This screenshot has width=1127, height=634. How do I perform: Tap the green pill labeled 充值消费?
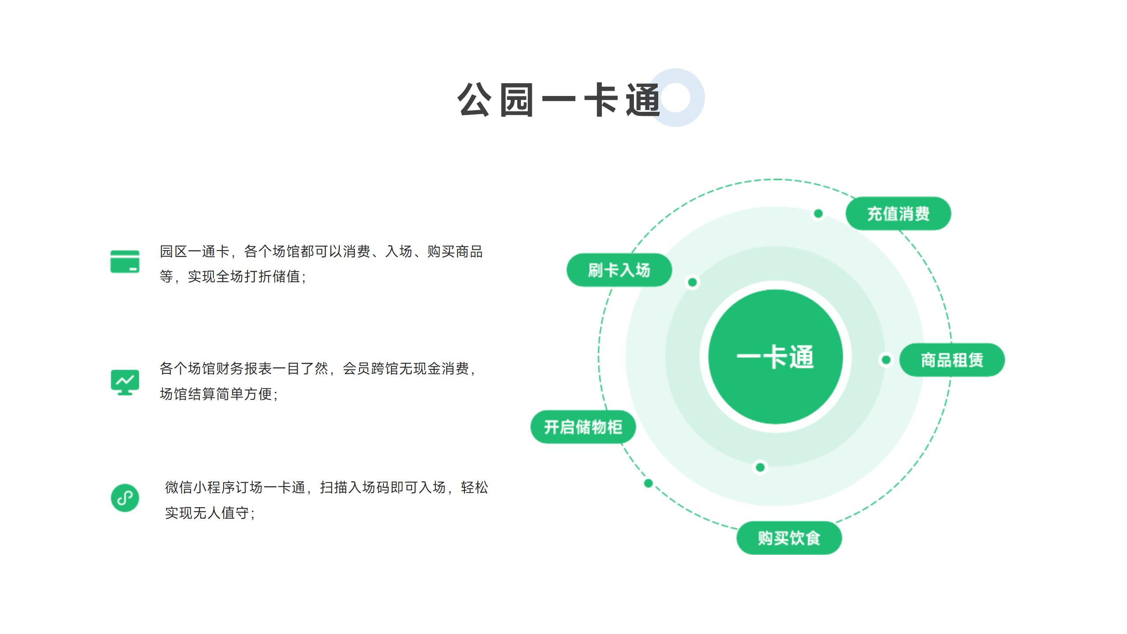point(898,214)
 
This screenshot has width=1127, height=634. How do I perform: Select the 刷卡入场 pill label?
point(619,270)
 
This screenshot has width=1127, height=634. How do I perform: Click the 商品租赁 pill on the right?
point(952,360)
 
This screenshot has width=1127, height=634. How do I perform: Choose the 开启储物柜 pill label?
point(583,427)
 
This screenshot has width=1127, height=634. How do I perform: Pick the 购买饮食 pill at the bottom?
point(789,538)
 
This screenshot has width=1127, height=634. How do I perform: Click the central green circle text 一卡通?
point(775,357)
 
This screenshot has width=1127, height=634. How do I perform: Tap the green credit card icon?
point(125,262)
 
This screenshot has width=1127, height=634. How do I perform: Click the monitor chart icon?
point(125,382)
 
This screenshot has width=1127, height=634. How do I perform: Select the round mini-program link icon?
point(125,498)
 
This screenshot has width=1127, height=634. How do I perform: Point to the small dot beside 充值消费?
point(818,214)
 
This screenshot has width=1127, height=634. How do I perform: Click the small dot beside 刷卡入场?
point(692,282)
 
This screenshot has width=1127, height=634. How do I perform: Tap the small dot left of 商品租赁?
point(886,360)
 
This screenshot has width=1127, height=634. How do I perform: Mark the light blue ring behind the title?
point(676,98)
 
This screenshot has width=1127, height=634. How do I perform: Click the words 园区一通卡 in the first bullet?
point(195,251)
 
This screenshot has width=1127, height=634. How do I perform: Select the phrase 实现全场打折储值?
point(244,276)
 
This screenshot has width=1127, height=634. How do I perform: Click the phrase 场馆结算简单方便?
point(216,394)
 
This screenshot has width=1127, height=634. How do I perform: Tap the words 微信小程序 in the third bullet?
point(200,487)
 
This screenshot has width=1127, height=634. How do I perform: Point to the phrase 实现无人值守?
point(207,513)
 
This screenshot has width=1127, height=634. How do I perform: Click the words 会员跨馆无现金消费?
point(406,369)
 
